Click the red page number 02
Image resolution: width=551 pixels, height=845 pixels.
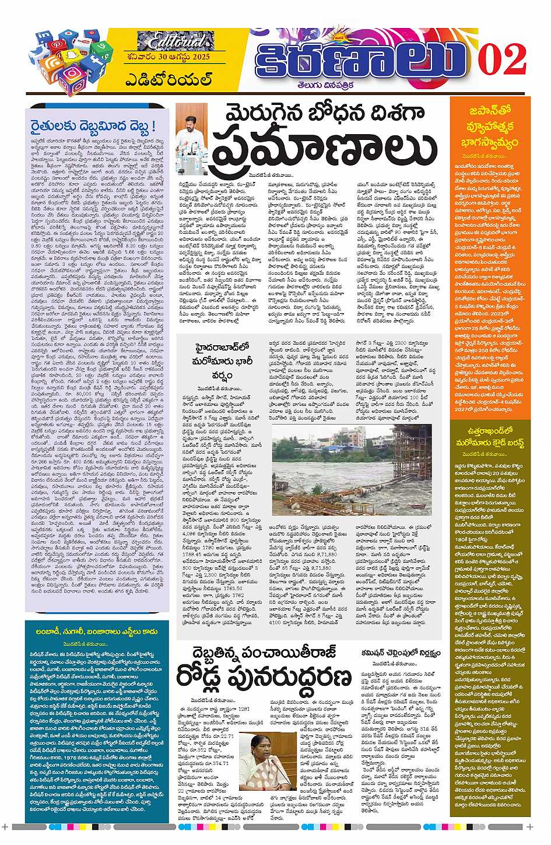click(x=502, y=60)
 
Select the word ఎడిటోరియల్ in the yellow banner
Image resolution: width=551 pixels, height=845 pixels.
click(x=169, y=79)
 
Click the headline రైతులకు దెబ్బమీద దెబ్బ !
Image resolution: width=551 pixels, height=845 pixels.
click(x=93, y=127)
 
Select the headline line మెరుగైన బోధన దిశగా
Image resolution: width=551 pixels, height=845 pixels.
click(x=310, y=113)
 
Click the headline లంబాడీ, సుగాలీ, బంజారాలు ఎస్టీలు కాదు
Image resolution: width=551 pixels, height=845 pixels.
click(x=96, y=632)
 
